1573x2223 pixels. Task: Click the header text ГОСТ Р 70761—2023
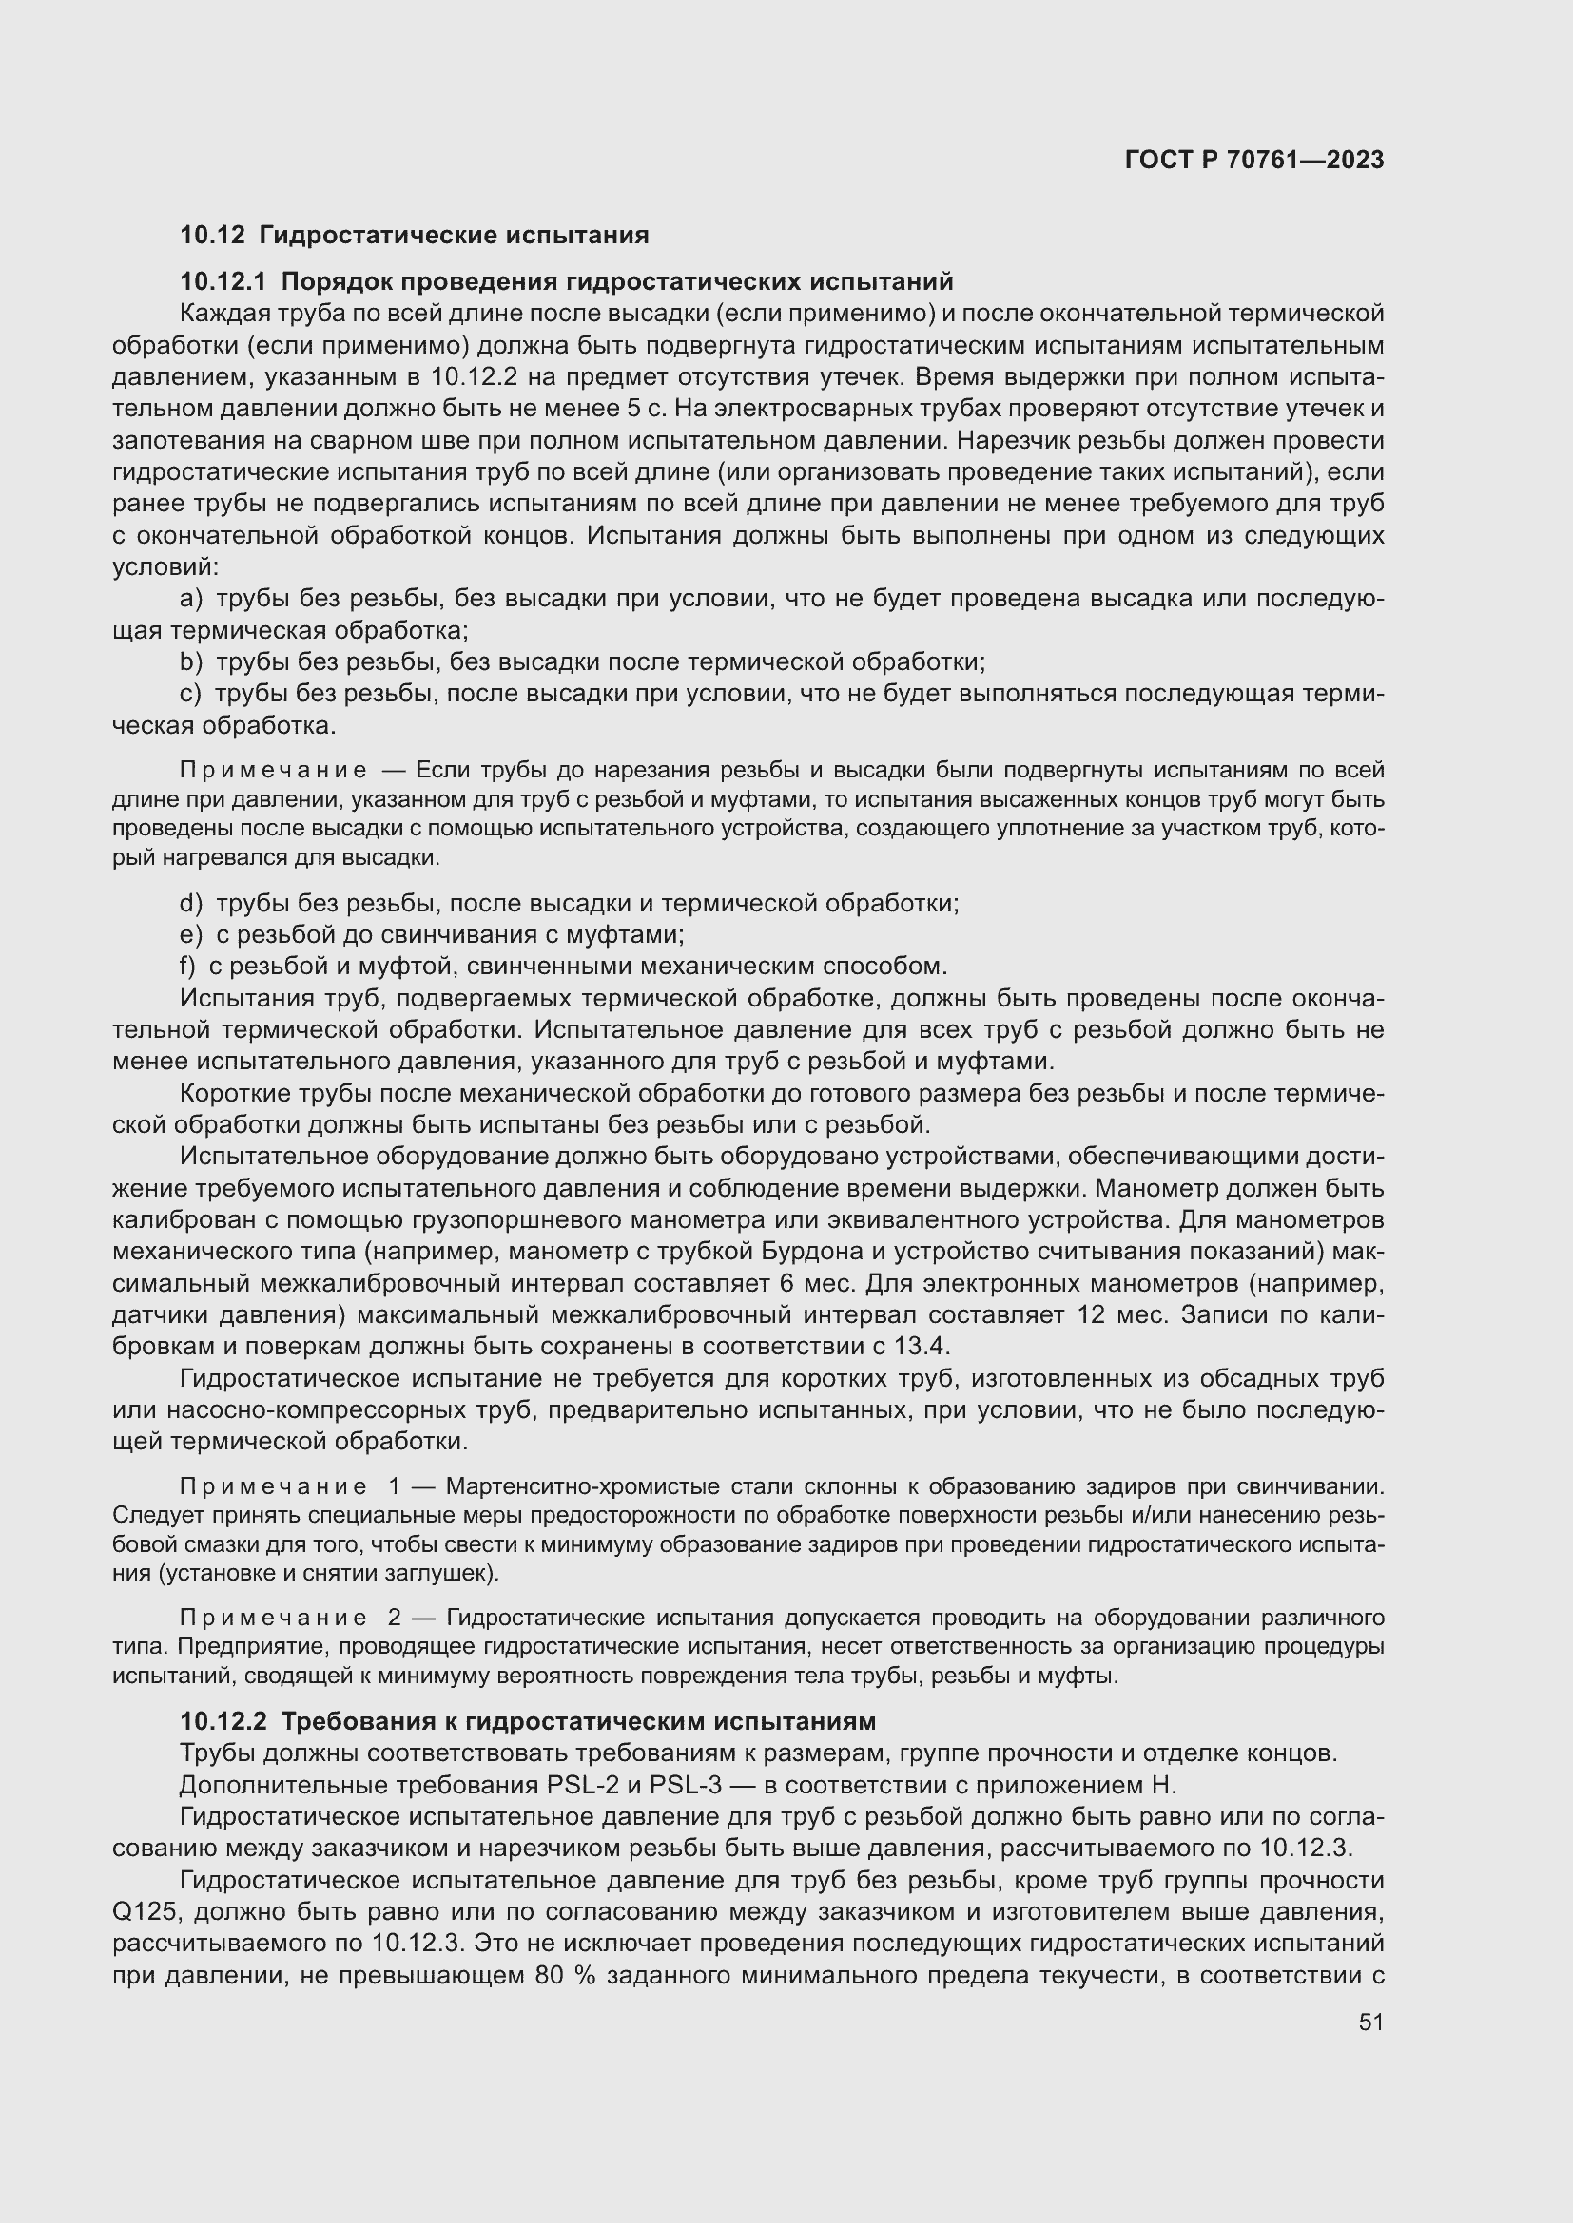point(1253,160)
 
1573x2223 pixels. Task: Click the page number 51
point(1370,2022)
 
